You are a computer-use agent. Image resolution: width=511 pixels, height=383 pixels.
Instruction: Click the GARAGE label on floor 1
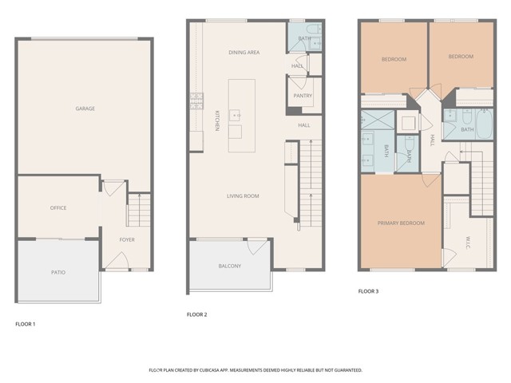[85, 109]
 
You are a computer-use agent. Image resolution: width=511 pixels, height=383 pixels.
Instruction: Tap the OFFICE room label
[58, 208]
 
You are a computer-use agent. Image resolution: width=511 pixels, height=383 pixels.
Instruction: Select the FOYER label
[126, 239]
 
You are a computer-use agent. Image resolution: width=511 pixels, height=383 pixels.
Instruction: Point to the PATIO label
[58, 273]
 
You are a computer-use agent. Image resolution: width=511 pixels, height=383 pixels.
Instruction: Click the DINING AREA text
[244, 53]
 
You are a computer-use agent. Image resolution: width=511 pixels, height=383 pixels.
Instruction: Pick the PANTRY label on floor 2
[303, 96]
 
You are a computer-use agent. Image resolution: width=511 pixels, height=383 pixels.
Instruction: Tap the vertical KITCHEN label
[216, 120]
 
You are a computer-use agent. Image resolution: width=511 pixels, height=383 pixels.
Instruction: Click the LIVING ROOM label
[244, 196]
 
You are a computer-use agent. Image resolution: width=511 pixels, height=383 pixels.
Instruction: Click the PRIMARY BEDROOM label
[401, 223]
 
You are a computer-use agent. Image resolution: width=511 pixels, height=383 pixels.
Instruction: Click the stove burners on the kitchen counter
[196, 101]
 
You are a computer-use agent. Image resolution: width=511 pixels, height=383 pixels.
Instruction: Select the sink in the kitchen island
[236, 116]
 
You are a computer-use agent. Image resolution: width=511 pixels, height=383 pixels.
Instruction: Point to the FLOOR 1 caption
[26, 324]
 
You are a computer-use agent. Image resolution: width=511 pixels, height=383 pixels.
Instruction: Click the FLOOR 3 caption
[368, 291]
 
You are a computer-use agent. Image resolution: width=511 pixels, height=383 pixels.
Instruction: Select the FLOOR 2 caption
[197, 314]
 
